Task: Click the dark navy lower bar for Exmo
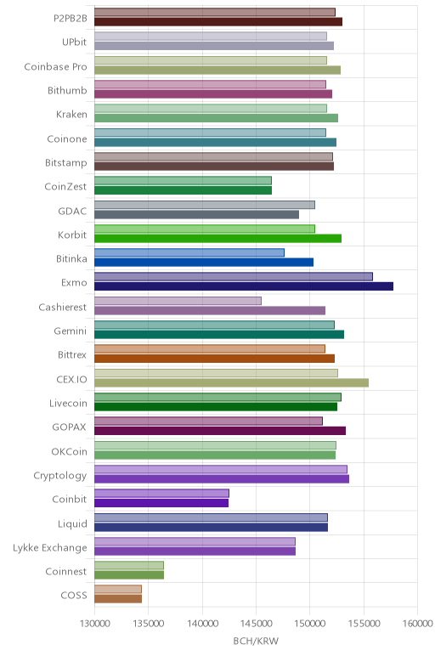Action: pos(244,286)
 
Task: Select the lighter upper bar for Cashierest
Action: pos(178,301)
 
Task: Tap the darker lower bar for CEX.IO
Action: pos(231,382)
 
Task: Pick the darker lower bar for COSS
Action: pos(118,599)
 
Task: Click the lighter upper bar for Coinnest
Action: pos(129,565)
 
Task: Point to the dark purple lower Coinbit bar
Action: pos(161,503)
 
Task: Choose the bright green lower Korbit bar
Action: pos(217,239)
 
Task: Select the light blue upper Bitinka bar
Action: pos(189,252)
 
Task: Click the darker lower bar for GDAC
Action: pos(196,215)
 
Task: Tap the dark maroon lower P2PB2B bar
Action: pos(218,22)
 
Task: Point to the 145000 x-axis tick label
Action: pos(256,624)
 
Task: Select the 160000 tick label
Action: pos(417,624)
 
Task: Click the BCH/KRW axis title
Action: pos(256,641)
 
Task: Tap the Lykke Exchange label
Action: pos(50,548)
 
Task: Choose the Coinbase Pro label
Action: pos(55,66)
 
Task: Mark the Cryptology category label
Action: pos(60,476)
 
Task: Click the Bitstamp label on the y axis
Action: pos(66,163)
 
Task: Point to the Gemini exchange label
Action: pos(71,331)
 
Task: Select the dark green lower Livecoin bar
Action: pos(216,407)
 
